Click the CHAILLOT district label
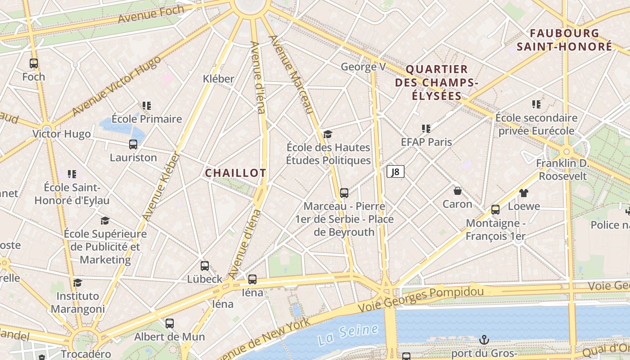235,173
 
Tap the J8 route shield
396,171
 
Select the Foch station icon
34,63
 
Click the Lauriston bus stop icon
133,144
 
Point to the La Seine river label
347,334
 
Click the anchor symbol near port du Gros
484,340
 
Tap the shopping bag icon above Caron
458,191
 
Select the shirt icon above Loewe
523,193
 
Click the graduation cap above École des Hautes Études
328,134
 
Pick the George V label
363,67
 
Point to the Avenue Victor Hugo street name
116,85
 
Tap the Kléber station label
219,79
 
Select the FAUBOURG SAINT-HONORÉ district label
564,40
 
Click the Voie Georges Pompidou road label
421,298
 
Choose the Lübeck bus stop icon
205,266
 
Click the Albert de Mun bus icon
170,324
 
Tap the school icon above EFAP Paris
426,129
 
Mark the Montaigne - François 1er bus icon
495,210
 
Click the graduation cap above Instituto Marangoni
78,283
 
